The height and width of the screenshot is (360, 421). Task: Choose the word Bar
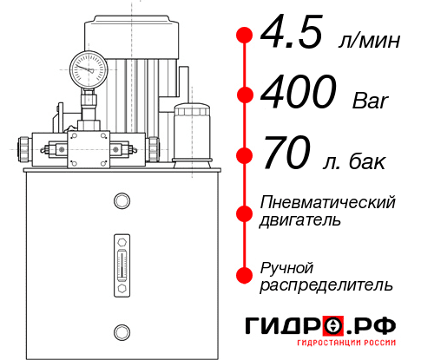coord(371,101)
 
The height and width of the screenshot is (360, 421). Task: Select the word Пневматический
coord(328,202)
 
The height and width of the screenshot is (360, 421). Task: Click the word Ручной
coord(287,266)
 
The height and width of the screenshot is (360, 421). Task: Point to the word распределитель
coord(326,285)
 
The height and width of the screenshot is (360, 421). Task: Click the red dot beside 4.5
coord(244,36)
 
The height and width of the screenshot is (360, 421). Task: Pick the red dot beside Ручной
coord(244,275)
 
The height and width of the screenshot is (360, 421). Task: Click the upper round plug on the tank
coord(122,202)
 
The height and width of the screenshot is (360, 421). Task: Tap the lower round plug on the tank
coord(122,331)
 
